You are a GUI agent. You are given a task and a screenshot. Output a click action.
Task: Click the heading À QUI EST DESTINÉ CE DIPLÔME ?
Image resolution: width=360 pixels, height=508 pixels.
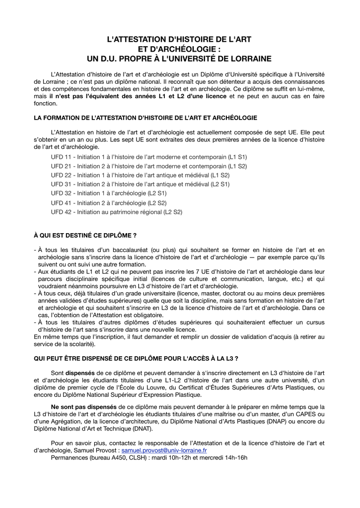pyautogui.click(x=85, y=235)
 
